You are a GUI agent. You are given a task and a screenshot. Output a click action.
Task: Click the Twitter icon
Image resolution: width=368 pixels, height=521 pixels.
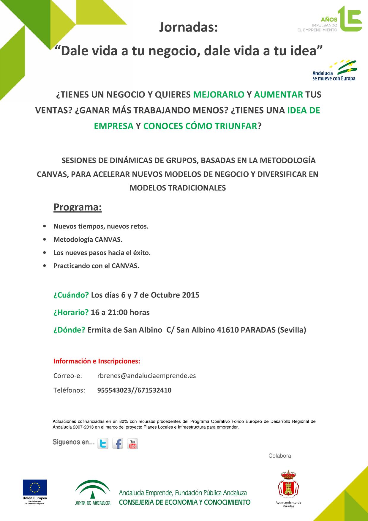[x=103, y=444]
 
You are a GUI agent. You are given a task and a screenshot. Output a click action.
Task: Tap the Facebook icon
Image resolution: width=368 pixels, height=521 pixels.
[x=118, y=444]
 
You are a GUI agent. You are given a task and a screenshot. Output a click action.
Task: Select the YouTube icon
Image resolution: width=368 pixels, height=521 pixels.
[x=132, y=444]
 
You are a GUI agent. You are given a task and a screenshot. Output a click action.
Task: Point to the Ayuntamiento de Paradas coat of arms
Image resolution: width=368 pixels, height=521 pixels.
[x=288, y=484]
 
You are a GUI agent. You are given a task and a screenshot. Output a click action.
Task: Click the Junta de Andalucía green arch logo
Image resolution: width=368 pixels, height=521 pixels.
[x=93, y=489]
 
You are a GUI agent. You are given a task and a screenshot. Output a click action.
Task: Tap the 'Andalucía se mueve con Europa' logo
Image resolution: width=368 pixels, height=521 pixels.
[x=334, y=71]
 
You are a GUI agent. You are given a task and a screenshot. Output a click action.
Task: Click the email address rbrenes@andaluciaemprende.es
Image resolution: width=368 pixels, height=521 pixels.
[x=146, y=376]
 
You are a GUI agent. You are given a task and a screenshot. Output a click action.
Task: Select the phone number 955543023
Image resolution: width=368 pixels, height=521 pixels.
[x=114, y=390]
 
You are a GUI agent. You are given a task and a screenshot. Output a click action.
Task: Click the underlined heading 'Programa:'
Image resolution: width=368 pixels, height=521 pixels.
[x=78, y=207]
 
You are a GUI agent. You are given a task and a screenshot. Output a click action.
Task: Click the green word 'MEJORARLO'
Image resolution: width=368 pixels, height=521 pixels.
[x=219, y=95]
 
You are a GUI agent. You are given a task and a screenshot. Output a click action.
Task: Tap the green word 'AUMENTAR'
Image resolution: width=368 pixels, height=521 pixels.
[x=278, y=95]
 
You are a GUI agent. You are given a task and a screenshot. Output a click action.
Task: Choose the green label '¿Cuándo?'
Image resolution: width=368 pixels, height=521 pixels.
[x=71, y=295]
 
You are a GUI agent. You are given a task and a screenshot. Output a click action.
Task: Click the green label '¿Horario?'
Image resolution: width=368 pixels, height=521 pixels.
[x=71, y=312]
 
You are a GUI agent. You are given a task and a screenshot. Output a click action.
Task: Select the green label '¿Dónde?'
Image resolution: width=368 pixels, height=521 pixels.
[x=69, y=330]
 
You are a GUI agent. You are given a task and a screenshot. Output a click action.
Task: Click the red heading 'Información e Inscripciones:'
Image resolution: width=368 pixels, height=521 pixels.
[x=97, y=361]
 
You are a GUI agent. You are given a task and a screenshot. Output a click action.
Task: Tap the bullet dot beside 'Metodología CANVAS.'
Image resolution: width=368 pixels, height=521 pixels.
[x=45, y=240]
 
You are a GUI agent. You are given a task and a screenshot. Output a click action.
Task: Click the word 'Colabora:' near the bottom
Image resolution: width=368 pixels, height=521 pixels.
[x=280, y=456]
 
